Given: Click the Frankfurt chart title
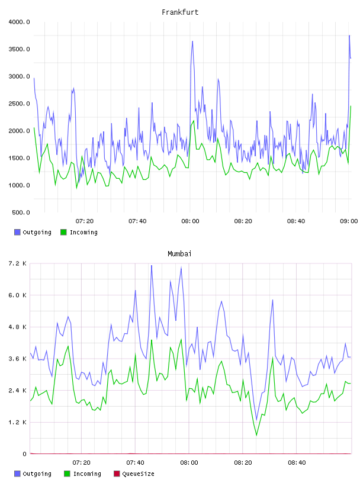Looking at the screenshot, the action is (x=180, y=12).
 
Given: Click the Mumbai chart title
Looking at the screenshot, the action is (x=179, y=254).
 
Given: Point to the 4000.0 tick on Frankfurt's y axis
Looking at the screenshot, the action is (x=19, y=22).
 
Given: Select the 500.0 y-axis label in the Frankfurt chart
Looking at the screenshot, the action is (x=21, y=212).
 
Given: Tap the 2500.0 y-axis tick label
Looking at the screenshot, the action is (x=19, y=104).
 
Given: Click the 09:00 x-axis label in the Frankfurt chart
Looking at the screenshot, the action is (x=349, y=221).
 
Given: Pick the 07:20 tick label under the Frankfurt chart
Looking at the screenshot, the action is (x=85, y=221).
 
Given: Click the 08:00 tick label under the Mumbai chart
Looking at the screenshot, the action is (x=189, y=463).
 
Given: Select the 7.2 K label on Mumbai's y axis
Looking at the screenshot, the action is (x=18, y=263).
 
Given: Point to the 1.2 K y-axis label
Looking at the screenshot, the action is (x=18, y=422).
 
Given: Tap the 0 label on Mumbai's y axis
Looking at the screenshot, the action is (x=24, y=454).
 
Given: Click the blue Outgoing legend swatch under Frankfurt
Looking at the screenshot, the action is (x=17, y=232).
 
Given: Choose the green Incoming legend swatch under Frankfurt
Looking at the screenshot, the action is (x=63, y=232).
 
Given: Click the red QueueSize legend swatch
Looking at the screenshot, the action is (x=117, y=474).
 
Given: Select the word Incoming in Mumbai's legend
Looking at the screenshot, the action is (x=87, y=474).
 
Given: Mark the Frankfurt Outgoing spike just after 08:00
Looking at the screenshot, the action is (x=192, y=41).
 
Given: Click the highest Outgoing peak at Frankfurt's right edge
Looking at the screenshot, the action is (x=349, y=36).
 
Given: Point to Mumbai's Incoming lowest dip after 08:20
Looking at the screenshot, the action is (x=256, y=435).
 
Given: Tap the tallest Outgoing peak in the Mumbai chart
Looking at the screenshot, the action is (x=152, y=265).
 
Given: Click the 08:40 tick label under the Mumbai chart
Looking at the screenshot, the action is (x=297, y=463).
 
